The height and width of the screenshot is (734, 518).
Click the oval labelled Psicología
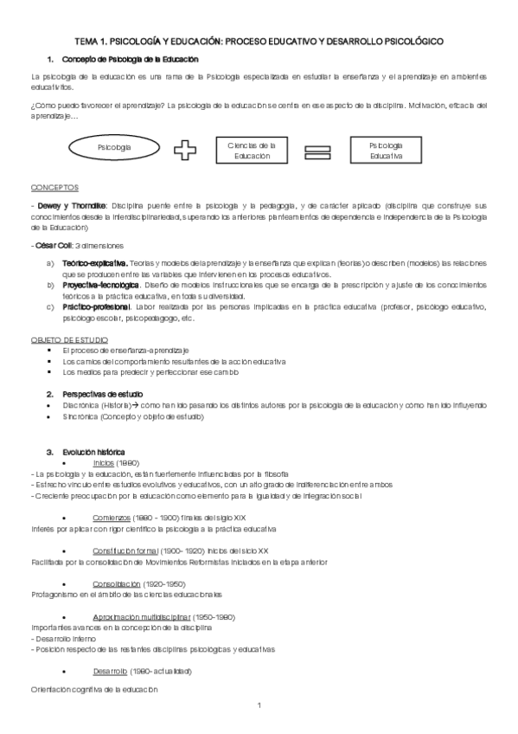115,148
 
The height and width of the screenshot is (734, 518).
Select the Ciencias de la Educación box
251,150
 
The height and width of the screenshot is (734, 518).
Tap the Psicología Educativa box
386,150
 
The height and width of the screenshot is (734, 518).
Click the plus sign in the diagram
184,150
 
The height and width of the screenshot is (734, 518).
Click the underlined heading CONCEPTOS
54,186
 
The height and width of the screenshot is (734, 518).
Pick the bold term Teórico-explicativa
95,261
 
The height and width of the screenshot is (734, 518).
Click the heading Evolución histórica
93,452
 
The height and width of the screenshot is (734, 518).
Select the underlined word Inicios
104,463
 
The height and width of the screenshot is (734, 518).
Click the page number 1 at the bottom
259,706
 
